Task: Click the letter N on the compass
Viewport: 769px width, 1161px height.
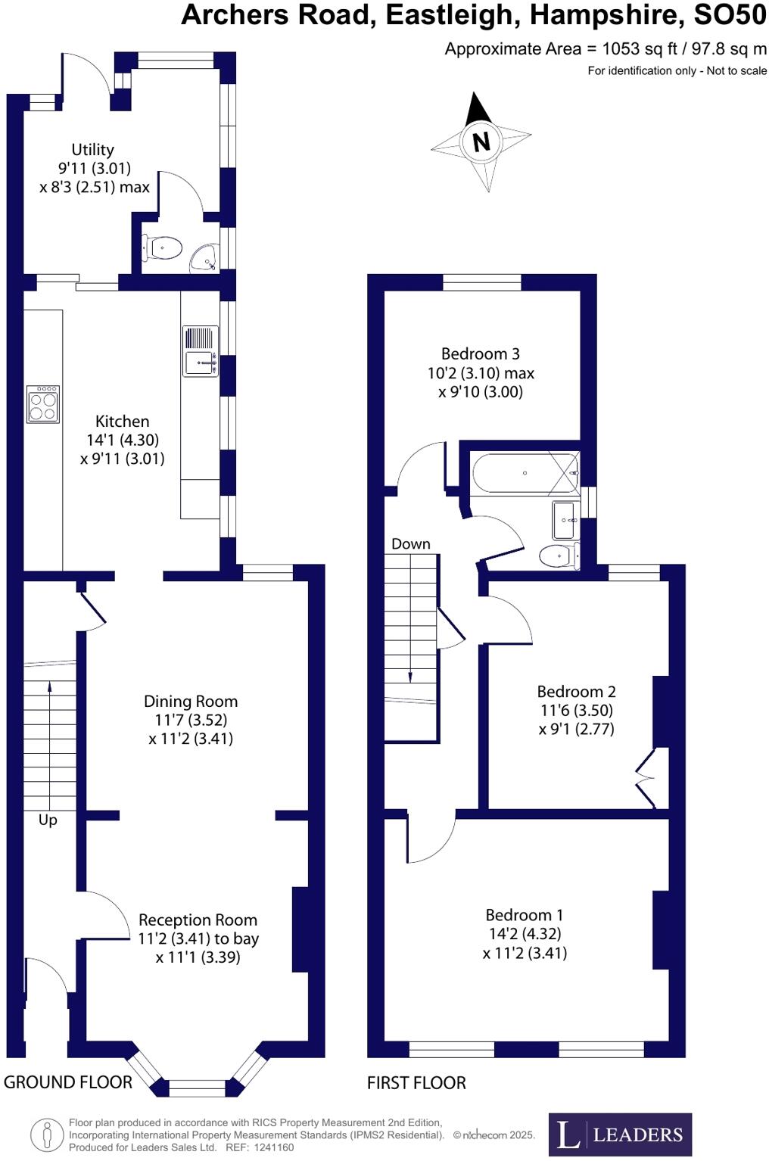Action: [481, 142]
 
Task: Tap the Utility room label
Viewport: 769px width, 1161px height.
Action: [93, 150]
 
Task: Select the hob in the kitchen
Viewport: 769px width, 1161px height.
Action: [42, 403]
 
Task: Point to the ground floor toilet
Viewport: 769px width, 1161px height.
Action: [164, 247]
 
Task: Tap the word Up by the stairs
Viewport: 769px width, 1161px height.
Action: [48, 820]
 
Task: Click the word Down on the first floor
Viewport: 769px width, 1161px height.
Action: [411, 543]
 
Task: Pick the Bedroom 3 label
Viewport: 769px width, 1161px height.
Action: [481, 353]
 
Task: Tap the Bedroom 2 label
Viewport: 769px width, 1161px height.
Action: [576, 691]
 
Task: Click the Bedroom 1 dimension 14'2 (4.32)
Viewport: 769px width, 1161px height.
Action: [525, 934]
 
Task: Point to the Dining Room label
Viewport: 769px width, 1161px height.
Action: [191, 701]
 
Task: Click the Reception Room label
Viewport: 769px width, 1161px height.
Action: [198, 920]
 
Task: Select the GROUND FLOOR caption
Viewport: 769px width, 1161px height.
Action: [68, 1082]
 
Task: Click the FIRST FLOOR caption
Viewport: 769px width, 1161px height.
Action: [416, 1083]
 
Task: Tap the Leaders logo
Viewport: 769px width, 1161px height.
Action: [620, 1135]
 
